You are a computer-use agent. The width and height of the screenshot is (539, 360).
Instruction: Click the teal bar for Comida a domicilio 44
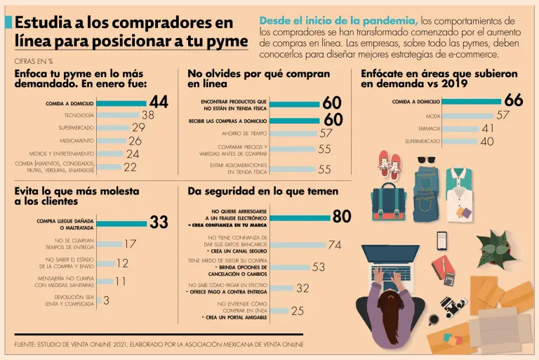click(121, 103)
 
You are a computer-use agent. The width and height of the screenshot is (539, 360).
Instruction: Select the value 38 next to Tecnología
click(148, 115)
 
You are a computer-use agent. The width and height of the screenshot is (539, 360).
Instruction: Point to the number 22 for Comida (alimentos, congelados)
click(130, 167)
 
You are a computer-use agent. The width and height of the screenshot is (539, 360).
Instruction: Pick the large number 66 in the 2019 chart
click(513, 101)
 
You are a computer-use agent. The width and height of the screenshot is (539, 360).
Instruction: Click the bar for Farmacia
click(460, 129)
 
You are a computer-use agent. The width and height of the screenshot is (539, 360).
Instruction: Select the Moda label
click(433, 116)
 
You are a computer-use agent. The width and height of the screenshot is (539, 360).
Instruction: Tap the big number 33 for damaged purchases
click(159, 222)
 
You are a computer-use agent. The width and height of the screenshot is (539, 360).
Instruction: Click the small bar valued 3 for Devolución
click(98, 300)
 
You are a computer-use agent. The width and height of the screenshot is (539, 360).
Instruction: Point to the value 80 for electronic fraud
click(342, 217)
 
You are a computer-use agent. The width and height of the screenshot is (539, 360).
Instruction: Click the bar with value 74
click(298, 245)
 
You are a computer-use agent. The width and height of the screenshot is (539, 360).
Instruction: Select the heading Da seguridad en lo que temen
click(262, 191)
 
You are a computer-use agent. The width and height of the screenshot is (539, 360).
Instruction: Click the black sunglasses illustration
click(426, 159)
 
